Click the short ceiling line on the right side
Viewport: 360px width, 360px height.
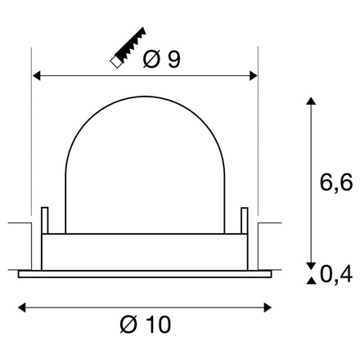point(268,223)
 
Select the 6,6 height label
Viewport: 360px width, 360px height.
point(335,182)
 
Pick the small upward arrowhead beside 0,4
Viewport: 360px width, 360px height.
point(310,281)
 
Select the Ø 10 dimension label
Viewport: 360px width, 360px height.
point(145,325)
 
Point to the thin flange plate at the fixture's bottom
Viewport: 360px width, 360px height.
point(144,275)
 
